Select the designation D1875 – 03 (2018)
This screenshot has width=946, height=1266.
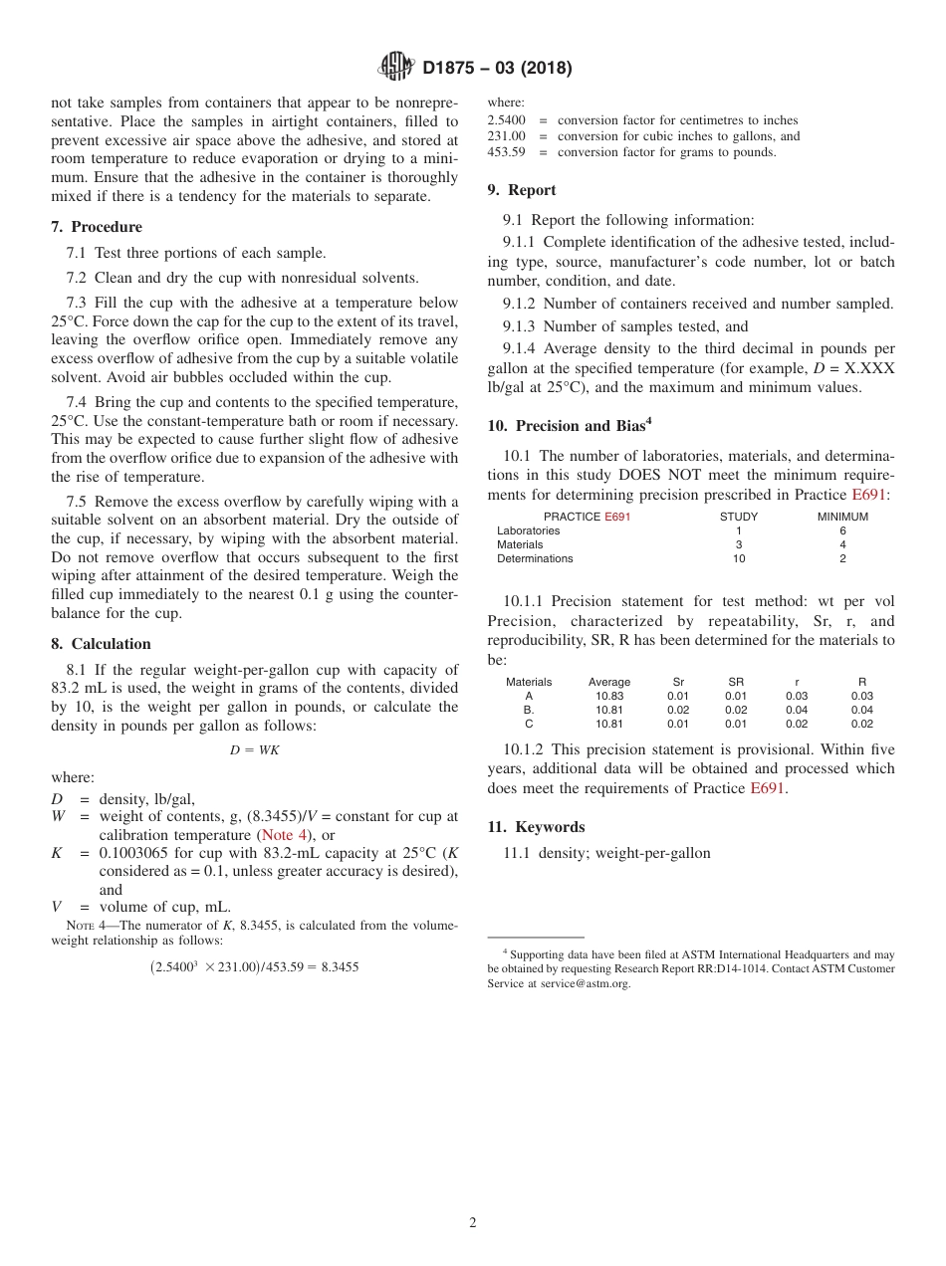pos(497,69)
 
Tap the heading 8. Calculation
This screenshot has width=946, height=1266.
pos(101,644)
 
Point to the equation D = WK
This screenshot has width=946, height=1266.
pos(254,750)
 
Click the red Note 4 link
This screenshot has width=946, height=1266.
pos(284,836)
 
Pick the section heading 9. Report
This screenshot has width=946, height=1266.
pos(522,190)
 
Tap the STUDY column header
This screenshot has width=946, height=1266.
pos(738,517)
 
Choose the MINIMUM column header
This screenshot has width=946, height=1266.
pos(842,517)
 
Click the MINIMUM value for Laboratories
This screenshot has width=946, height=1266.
pos(842,531)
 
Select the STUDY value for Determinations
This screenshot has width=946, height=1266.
pos(738,559)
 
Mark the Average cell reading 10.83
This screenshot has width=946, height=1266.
pos(609,697)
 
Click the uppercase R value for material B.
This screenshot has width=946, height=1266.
pos(861,711)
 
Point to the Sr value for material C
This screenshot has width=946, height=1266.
pos(677,725)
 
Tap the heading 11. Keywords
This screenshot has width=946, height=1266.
pos(536,827)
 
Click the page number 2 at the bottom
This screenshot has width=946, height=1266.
pos(473,1223)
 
